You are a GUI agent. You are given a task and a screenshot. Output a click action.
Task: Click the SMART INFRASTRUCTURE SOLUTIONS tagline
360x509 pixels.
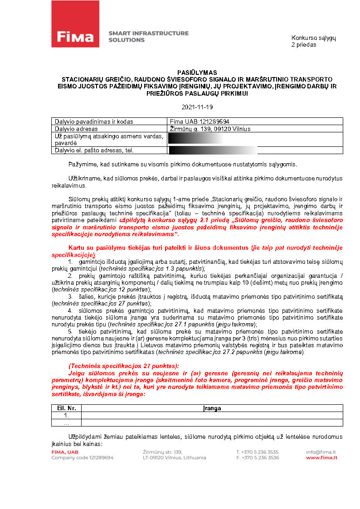tap(148, 37)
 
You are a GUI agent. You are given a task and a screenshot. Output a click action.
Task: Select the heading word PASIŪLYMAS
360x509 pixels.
tap(197, 73)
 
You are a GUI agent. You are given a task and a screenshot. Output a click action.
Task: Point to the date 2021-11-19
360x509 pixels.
tap(197, 107)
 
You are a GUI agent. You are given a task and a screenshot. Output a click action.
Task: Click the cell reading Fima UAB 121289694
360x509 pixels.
tap(199, 121)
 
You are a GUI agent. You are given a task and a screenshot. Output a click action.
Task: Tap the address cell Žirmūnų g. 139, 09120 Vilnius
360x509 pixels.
tap(210, 129)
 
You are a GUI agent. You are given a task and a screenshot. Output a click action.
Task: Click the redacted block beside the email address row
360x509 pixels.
tap(213, 150)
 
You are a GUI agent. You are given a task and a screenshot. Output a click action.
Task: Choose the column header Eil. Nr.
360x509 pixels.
tap(66, 408)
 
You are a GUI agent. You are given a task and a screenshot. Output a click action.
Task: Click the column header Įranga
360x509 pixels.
tap(212, 408)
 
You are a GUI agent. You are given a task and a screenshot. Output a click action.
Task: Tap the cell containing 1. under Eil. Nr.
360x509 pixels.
tap(66, 415)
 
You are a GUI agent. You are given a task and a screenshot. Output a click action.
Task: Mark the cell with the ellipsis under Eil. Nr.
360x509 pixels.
tap(66, 422)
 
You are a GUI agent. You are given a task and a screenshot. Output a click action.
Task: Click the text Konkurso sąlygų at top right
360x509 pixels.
tap(314, 38)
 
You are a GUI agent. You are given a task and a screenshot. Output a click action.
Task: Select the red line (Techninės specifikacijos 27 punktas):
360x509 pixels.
tap(123, 366)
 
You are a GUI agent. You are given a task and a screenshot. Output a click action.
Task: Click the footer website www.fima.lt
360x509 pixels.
tap(321, 458)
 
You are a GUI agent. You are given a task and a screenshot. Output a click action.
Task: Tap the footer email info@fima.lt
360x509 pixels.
tap(321, 452)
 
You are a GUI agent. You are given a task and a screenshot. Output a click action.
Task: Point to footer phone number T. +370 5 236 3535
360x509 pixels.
tap(258, 452)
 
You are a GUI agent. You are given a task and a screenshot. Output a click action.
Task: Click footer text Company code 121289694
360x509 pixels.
tap(83, 458)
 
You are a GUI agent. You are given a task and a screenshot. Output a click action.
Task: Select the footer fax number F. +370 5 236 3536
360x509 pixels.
tap(258, 458)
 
